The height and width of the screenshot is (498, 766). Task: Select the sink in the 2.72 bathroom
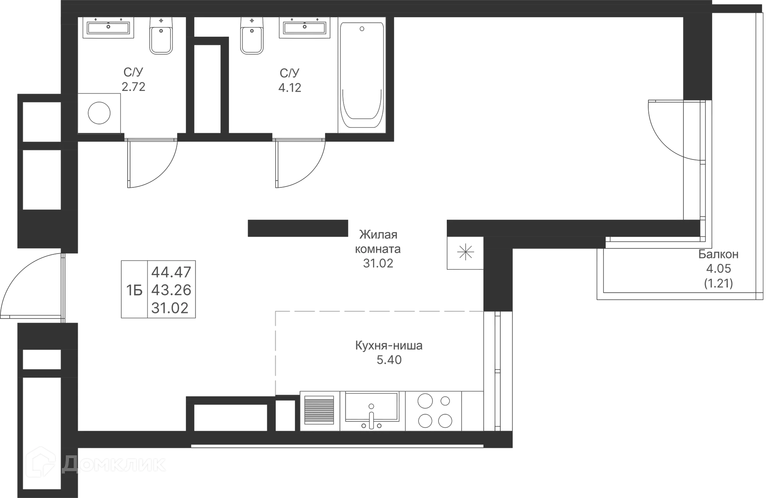point(108,28)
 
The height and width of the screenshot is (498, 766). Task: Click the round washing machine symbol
point(99,113)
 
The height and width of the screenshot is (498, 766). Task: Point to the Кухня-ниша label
point(389,345)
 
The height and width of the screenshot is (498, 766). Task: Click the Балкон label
point(719,254)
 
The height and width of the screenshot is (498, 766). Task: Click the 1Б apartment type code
point(134,290)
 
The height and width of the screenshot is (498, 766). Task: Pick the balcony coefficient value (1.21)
point(718,283)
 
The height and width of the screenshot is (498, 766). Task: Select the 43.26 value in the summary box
point(172,290)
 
